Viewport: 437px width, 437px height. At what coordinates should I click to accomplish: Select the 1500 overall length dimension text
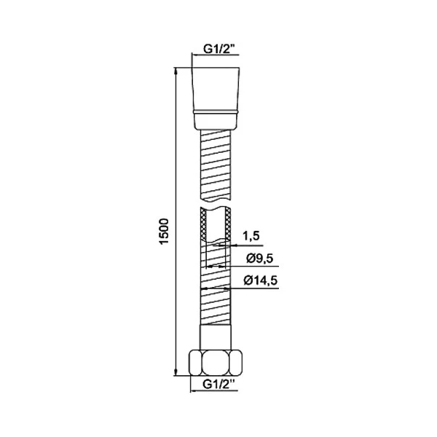coord(164,232)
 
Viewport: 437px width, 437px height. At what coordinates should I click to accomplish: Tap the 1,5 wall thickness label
coord(251,236)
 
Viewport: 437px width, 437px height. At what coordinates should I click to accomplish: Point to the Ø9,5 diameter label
coord(260,259)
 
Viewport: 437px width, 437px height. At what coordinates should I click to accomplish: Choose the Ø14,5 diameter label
coord(261,280)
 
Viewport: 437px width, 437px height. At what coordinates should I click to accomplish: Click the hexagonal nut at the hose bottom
coord(216,363)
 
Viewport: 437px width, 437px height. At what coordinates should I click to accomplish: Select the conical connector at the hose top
coord(216,89)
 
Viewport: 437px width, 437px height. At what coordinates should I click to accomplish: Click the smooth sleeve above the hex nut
coord(216,337)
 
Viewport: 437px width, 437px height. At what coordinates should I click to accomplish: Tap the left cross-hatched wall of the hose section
coord(203,224)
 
